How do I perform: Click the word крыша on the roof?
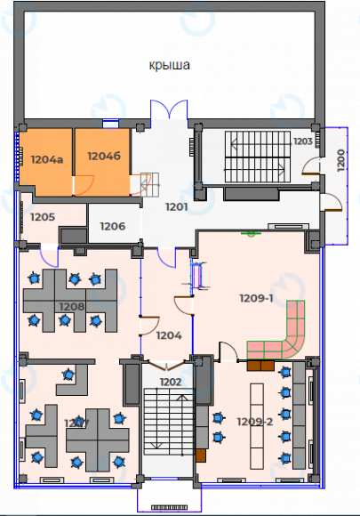[x=170, y=65]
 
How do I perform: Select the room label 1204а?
[x=47, y=160]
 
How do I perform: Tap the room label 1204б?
[x=103, y=156]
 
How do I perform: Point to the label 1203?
[x=303, y=141]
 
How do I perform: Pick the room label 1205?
[x=43, y=216]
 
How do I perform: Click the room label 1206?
[x=112, y=226]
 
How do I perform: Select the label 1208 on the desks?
[x=71, y=307]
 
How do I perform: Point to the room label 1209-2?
[x=254, y=422]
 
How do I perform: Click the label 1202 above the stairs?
[x=170, y=382]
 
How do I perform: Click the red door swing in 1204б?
[x=84, y=184]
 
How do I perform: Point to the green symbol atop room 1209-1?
[x=252, y=234]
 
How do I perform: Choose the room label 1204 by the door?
[x=169, y=335]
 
